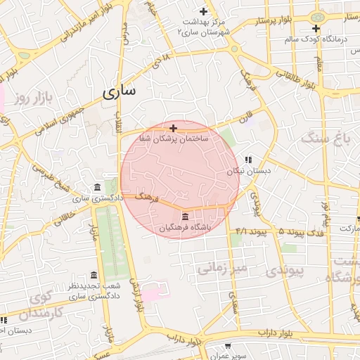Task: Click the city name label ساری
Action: pos(120,92)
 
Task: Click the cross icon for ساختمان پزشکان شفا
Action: pos(174,128)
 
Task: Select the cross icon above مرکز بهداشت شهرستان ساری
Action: pos(204,11)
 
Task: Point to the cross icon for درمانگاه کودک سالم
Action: pos(316,29)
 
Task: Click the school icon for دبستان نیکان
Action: pos(247,160)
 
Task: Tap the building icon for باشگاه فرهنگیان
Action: pos(185,216)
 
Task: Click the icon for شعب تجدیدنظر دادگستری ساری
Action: pos(94,275)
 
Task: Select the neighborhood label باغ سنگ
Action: pos(326,139)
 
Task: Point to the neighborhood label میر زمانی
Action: pos(222,267)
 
